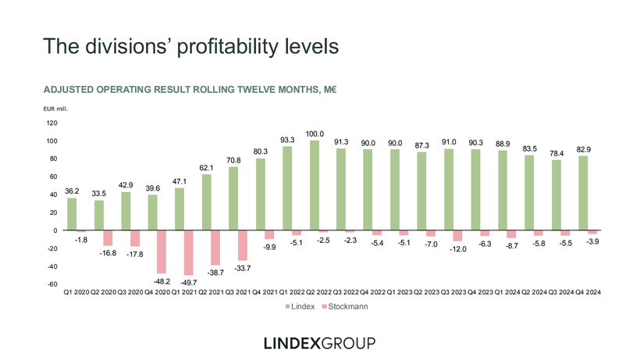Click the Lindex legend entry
click(300, 307)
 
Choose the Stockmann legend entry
click(347, 307)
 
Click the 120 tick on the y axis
click(52, 123)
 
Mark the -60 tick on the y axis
click(52, 284)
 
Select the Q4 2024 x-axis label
click(592, 292)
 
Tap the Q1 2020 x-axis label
click(76, 292)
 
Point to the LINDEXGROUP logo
click(320, 343)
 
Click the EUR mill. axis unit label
click(55, 109)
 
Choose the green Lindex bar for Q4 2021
click(261, 194)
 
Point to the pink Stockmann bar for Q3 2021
click(243, 245)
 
